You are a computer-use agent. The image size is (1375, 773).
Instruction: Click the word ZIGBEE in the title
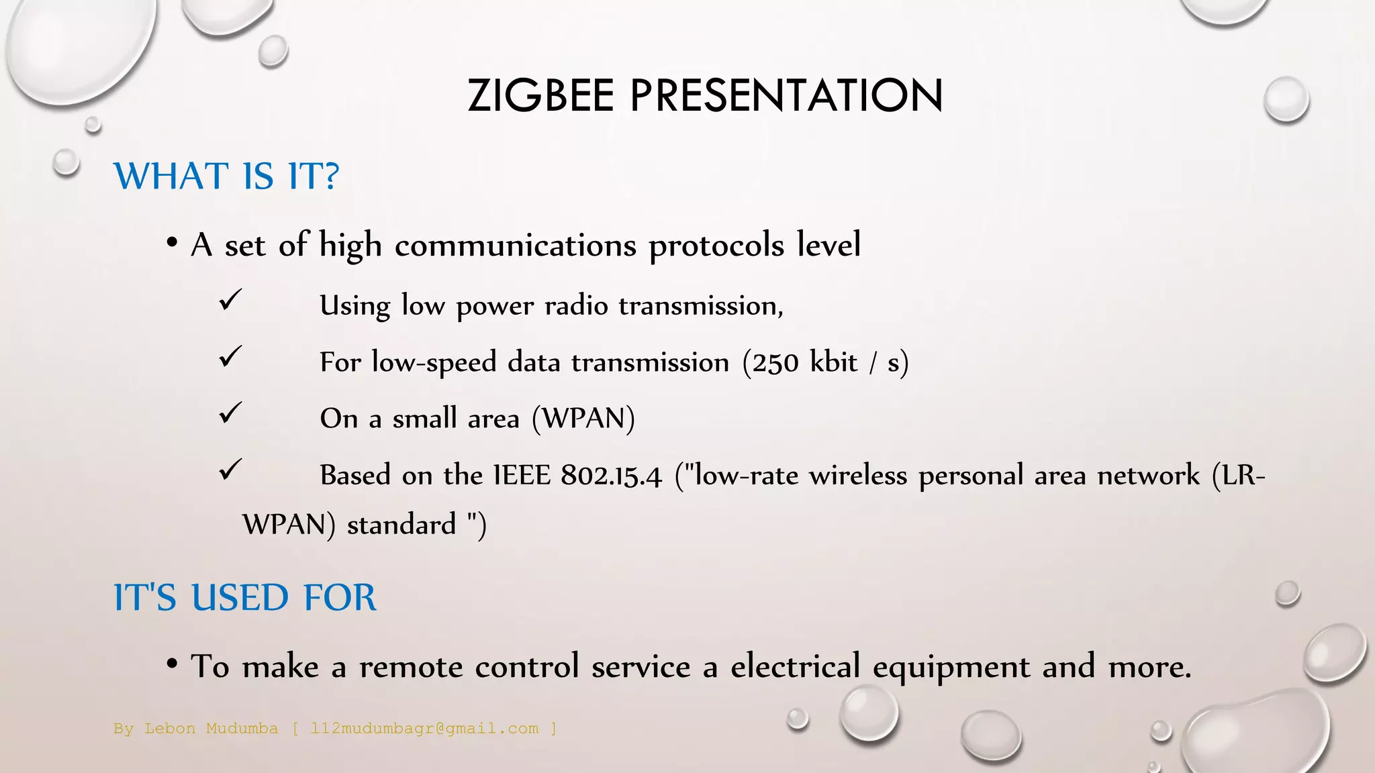click(540, 95)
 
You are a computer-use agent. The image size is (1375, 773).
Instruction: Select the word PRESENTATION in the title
click(786, 95)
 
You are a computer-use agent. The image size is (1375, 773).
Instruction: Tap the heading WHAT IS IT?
click(226, 176)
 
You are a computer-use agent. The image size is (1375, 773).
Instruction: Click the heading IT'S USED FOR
click(245, 597)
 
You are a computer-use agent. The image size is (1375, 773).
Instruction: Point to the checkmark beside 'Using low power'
click(230, 299)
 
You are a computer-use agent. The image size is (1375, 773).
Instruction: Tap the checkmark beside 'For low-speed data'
click(230, 356)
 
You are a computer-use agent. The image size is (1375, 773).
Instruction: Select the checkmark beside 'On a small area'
click(230, 412)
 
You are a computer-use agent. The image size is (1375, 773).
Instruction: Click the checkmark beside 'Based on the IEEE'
click(230, 469)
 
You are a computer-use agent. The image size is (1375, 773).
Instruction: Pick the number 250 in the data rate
click(775, 363)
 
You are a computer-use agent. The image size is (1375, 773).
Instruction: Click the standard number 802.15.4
click(611, 476)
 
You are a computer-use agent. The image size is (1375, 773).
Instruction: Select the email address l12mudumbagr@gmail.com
click(424, 729)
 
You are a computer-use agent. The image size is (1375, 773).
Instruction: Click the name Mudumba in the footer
click(242, 729)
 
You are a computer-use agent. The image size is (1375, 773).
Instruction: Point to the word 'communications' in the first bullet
click(515, 246)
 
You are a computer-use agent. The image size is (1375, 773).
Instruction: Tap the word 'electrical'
click(795, 666)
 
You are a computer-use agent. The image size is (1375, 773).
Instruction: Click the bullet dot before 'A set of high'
click(173, 242)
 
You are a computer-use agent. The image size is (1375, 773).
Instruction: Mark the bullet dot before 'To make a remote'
click(173, 664)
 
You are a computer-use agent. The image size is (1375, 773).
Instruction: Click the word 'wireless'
click(858, 475)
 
